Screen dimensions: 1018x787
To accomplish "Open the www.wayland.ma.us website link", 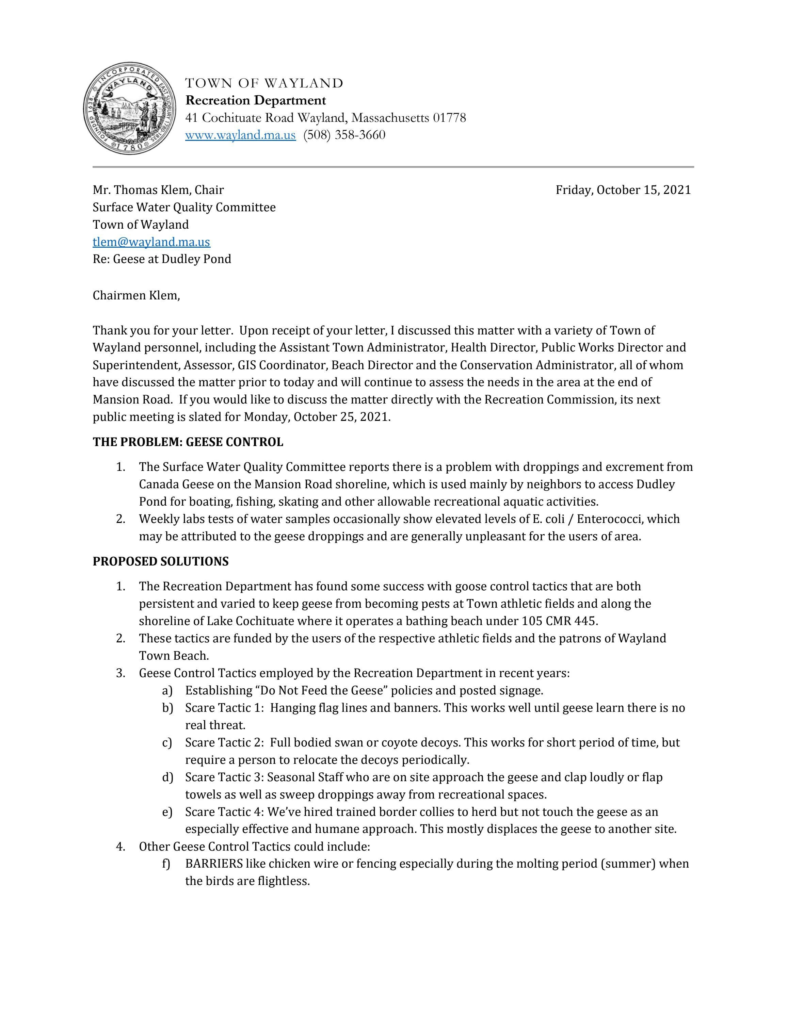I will point(240,135).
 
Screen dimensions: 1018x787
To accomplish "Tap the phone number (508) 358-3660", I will point(344,135).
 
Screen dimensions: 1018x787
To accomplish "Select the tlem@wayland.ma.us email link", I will point(151,242).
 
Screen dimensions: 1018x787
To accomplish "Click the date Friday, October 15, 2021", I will point(623,190).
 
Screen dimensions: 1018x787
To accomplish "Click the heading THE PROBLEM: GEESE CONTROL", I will point(188,442).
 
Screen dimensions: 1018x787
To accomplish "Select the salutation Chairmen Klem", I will point(136,296).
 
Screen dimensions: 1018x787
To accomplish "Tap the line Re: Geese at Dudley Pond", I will point(161,259).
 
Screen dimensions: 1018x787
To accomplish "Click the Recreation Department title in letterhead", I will point(256,101).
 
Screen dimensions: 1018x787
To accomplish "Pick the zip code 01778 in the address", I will point(449,118).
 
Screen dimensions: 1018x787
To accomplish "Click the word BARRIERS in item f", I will point(213,864).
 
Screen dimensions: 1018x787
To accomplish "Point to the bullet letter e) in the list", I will point(167,812).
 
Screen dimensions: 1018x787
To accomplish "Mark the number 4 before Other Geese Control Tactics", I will point(120,847).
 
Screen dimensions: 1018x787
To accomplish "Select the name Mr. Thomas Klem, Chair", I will point(158,190).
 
